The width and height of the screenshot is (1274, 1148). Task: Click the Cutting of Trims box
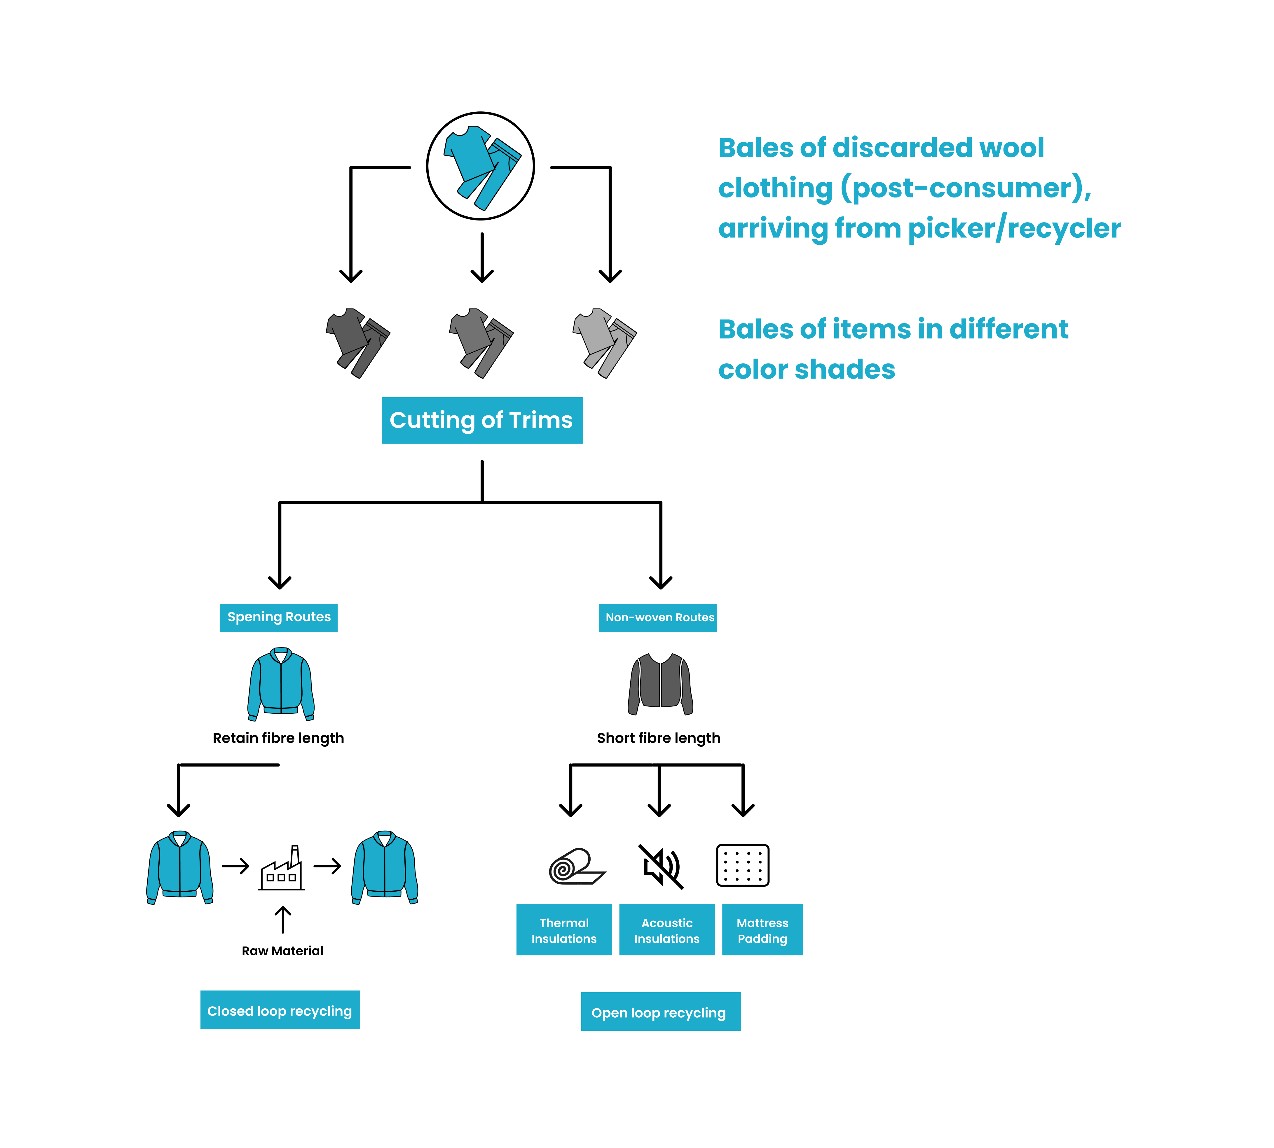click(x=481, y=420)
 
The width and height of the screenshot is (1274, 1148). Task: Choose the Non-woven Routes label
click(x=657, y=617)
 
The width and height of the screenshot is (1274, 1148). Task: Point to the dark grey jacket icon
click(x=660, y=684)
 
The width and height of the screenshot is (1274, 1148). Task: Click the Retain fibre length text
click(x=278, y=738)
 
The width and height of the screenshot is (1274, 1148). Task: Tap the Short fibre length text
click(x=658, y=738)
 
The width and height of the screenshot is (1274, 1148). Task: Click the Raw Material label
click(x=282, y=951)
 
